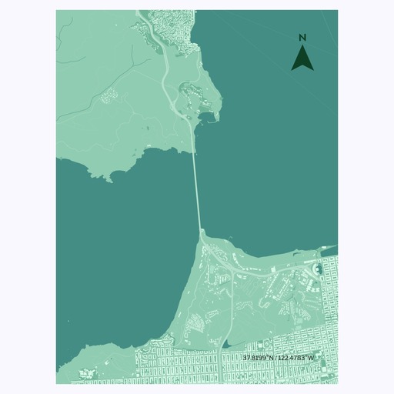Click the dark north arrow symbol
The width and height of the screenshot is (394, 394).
[x=302, y=58]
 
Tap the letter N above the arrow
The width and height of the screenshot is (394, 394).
[x=302, y=38]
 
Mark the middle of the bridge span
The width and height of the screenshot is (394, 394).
[x=197, y=189]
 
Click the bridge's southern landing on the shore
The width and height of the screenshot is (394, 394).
[x=201, y=230]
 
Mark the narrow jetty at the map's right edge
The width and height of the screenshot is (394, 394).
[x=330, y=247]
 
